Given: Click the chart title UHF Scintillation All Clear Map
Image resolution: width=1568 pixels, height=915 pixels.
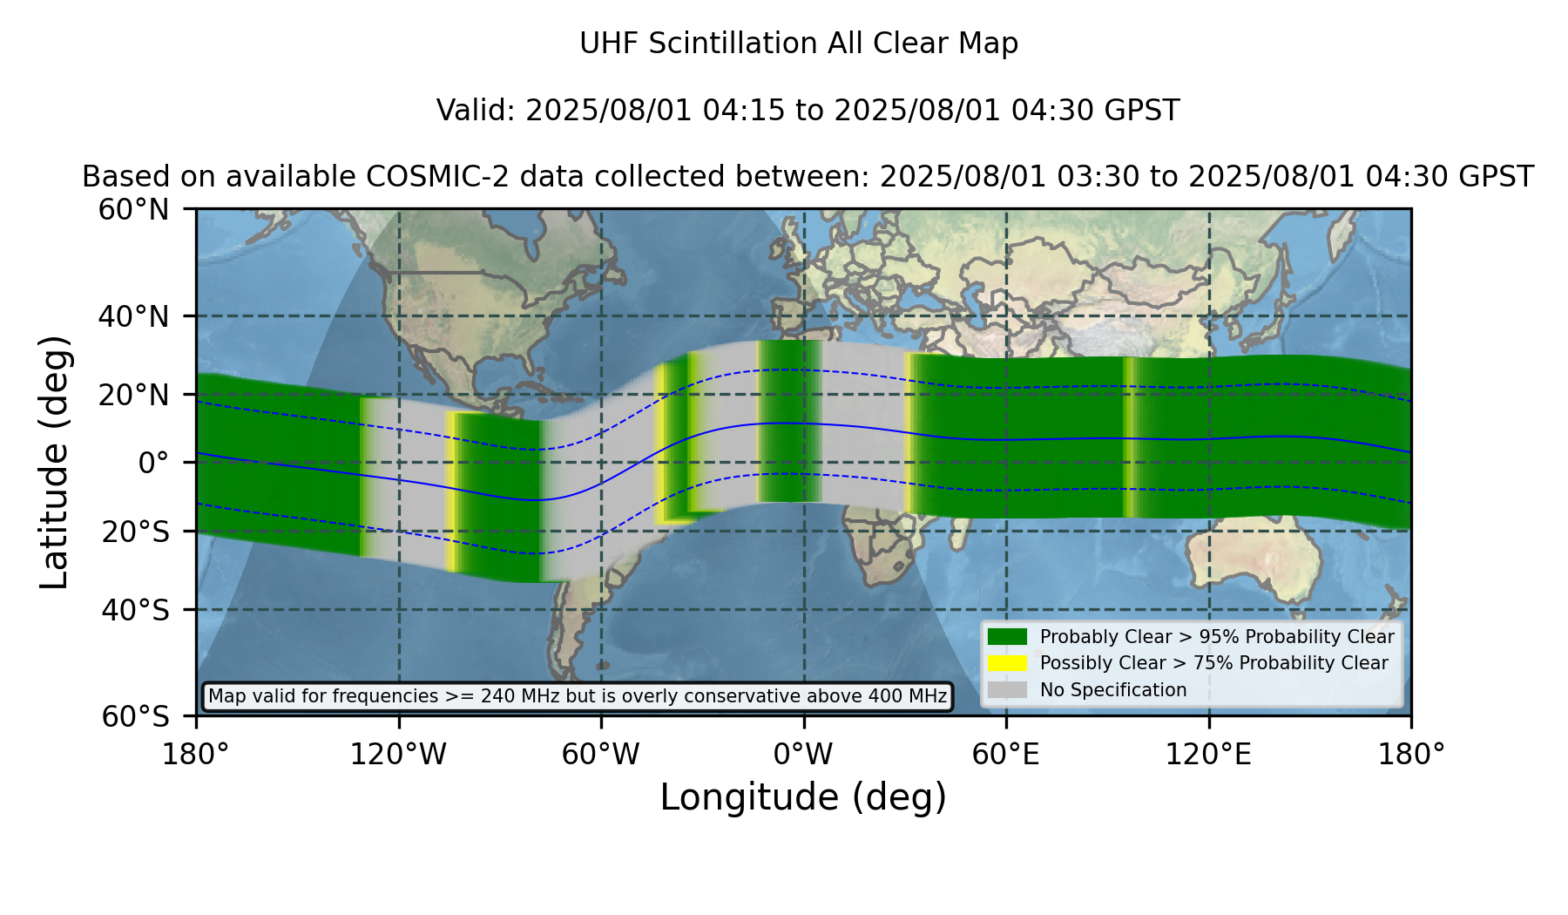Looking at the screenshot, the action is (x=799, y=44).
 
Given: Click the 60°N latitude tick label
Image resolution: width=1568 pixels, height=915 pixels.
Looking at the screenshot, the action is (x=133, y=209).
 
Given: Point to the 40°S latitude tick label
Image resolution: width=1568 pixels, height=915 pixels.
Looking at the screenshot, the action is (x=135, y=610).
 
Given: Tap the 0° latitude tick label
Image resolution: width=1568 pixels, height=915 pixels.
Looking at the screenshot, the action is (x=153, y=463).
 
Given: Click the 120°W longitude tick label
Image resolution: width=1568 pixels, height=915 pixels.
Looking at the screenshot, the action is (x=398, y=754).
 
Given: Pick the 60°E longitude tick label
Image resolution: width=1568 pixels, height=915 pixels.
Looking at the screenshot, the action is (x=1006, y=754).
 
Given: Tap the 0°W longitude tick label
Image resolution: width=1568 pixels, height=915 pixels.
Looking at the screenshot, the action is (x=803, y=754).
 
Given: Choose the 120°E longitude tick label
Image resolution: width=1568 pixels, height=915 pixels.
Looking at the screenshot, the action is (x=1208, y=754).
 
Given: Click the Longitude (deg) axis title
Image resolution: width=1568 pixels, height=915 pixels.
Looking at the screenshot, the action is (x=803, y=797).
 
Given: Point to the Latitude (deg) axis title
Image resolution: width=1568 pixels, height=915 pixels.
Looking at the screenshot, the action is (x=55, y=462).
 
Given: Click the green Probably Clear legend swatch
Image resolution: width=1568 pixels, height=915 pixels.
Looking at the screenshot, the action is (x=1008, y=637).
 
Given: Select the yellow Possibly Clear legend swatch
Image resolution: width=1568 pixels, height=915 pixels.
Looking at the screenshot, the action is (x=1008, y=663).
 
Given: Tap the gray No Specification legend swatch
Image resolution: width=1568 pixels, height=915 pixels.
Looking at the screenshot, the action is (x=1008, y=690).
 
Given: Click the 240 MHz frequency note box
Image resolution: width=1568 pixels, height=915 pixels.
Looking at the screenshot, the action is (x=578, y=696).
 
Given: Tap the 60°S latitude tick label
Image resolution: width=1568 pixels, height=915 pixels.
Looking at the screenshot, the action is (x=135, y=716).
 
